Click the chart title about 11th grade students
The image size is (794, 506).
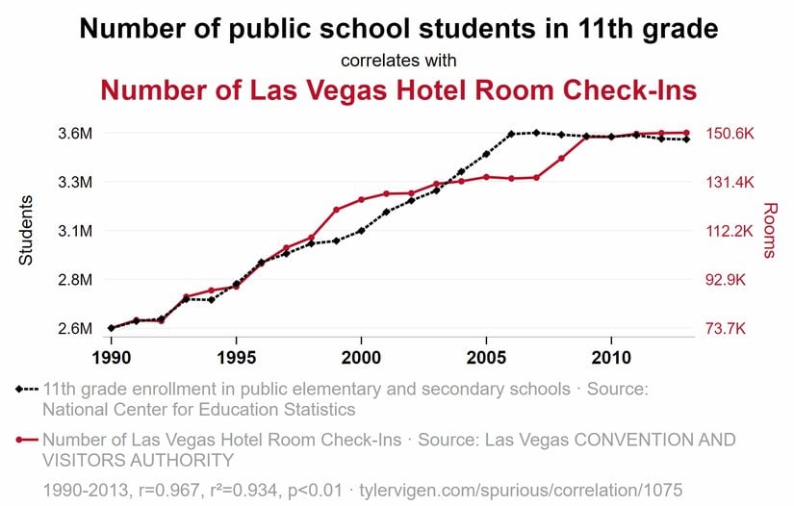(x=398, y=29)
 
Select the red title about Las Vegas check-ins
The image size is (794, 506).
(x=398, y=90)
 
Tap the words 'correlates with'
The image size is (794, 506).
(x=398, y=61)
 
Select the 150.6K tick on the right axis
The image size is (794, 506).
(x=730, y=133)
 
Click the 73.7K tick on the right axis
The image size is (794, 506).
(x=727, y=329)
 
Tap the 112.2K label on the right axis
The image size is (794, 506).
(x=730, y=231)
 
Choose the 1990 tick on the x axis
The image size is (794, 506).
(x=112, y=357)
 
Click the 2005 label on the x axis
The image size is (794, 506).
(x=486, y=357)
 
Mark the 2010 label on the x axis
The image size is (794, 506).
(x=611, y=357)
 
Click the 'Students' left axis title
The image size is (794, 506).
(x=27, y=231)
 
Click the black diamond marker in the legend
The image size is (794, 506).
(x=20, y=390)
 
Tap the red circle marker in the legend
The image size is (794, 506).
(x=20, y=440)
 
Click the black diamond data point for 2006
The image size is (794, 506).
(x=511, y=134)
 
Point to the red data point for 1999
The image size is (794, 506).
(x=336, y=210)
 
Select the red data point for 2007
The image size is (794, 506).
(x=536, y=177)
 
